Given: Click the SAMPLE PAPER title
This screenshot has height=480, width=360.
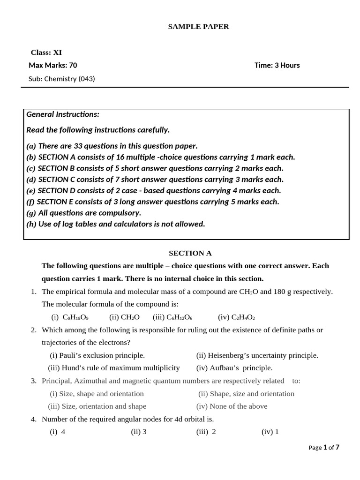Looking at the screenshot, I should [x=198, y=27].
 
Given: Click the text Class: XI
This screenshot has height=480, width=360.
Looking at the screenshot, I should [x=46, y=52].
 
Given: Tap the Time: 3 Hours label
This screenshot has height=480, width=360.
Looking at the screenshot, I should [x=277, y=65].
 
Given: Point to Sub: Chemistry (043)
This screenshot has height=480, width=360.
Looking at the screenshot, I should [x=61, y=79].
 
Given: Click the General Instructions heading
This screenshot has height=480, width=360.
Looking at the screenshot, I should [x=63, y=114].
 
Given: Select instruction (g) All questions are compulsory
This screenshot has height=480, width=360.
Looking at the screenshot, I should [x=83, y=213].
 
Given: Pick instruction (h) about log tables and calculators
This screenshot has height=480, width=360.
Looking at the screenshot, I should [x=116, y=224].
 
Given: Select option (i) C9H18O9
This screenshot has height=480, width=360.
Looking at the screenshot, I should [x=70, y=317].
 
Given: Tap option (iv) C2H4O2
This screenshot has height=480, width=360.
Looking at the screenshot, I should [x=236, y=317].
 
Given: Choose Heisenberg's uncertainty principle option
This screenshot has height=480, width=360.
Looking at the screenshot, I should [x=257, y=355].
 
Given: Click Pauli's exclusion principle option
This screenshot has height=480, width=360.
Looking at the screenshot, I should [x=97, y=355].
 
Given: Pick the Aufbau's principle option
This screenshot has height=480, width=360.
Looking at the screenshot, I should [x=234, y=368].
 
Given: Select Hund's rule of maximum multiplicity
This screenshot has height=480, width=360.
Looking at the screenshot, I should [x=114, y=368].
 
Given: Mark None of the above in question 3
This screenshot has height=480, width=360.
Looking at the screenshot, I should [x=232, y=406].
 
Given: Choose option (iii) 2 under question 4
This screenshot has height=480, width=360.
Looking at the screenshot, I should [x=206, y=432].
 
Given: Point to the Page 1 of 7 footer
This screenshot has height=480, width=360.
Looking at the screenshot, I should [x=323, y=448].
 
